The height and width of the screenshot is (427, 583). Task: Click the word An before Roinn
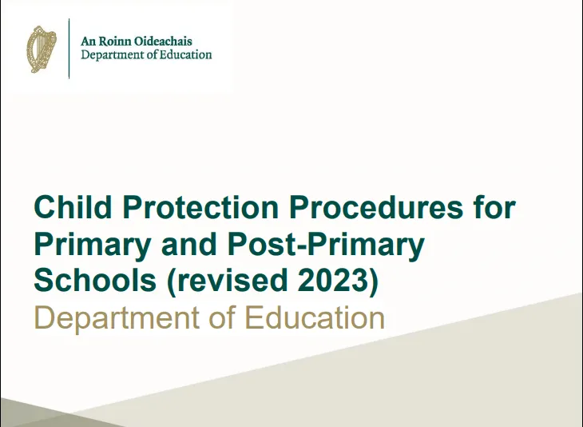coord(89,42)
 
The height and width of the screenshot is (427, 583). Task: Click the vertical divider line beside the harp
coord(69,49)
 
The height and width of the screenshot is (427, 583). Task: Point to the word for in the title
coord(492,210)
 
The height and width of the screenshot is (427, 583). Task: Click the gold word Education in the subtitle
coord(315,317)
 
